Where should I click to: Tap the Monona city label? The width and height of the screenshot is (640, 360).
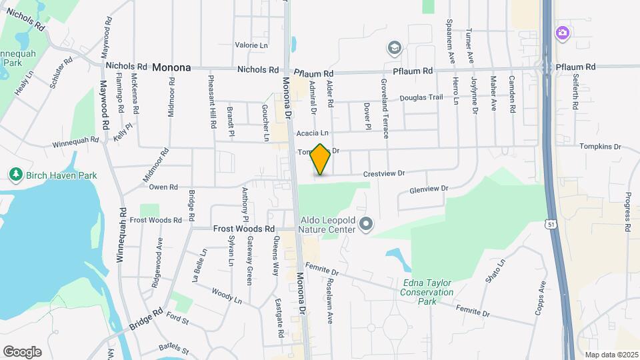[171, 67]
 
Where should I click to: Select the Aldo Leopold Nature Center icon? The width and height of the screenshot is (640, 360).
[365, 224]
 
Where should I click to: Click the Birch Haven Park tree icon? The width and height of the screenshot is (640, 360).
[16, 175]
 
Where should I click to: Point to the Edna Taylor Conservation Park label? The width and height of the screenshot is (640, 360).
[427, 292]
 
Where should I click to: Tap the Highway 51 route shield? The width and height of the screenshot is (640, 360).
[549, 225]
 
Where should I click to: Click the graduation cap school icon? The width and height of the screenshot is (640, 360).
[394, 47]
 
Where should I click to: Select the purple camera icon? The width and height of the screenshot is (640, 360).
[563, 32]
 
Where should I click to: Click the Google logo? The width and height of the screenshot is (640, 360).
[22, 351]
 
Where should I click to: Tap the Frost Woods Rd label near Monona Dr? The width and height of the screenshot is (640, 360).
[244, 228]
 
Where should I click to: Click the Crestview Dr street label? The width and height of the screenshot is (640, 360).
[384, 173]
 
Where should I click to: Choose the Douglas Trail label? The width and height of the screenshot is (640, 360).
[421, 97]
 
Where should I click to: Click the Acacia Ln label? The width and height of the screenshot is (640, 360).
[313, 133]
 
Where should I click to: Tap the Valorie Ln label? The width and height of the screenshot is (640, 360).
[251, 45]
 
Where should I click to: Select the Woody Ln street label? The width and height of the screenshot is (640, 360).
[226, 296]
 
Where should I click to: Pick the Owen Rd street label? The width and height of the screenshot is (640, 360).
[163, 187]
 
